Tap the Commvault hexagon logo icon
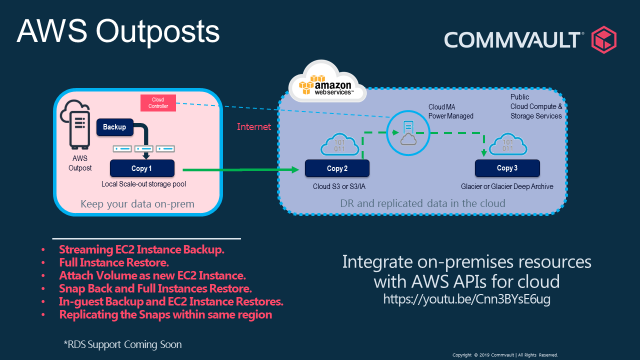point(605,40)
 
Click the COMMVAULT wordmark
point(511,41)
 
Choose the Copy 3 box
point(507,168)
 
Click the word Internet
point(254,128)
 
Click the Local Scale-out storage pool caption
point(149,186)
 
